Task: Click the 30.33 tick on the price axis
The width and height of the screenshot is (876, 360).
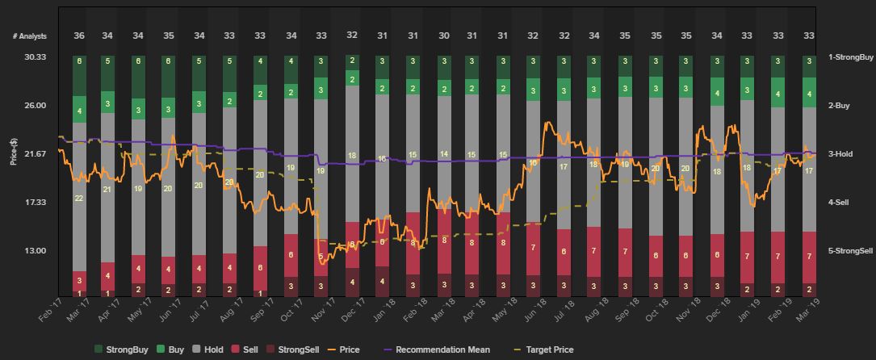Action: pos(35,57)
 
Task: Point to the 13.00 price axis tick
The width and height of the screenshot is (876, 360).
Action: pos(35,250)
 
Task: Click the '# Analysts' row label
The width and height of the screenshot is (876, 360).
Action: pos(30,36)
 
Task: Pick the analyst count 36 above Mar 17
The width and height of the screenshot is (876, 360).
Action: pos(79,36)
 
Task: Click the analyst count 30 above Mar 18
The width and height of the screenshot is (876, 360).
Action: pos(444,36)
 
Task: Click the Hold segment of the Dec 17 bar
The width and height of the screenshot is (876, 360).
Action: pos(352,153)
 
